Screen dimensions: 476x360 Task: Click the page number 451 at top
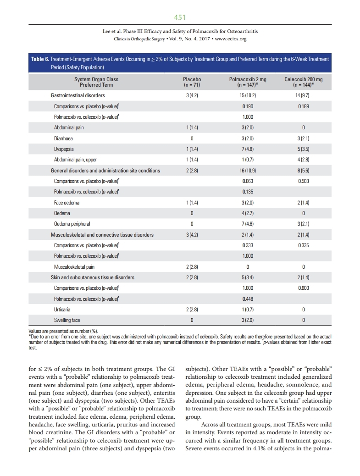180,17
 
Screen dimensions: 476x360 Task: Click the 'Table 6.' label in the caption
40,60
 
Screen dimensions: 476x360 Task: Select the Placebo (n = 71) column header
192,82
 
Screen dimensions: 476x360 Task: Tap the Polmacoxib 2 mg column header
247,82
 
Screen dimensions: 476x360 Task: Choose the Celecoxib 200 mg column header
303,82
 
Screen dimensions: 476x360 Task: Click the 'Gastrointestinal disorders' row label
78,95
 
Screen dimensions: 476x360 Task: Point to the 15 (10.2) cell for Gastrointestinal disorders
247,95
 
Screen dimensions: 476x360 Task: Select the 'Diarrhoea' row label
63,138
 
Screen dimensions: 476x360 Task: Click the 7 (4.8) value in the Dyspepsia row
247,149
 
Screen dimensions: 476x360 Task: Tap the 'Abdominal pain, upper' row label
75,160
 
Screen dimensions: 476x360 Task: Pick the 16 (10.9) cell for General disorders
247,171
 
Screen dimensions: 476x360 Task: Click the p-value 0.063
247,181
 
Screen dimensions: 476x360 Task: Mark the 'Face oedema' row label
66,203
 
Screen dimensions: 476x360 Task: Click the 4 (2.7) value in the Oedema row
247,213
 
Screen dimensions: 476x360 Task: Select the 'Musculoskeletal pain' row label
74,266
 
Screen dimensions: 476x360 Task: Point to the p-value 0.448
247,299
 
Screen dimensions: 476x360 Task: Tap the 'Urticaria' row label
63,310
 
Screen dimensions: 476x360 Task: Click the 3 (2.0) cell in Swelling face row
247,320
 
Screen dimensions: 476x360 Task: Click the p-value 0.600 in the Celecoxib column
303,288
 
